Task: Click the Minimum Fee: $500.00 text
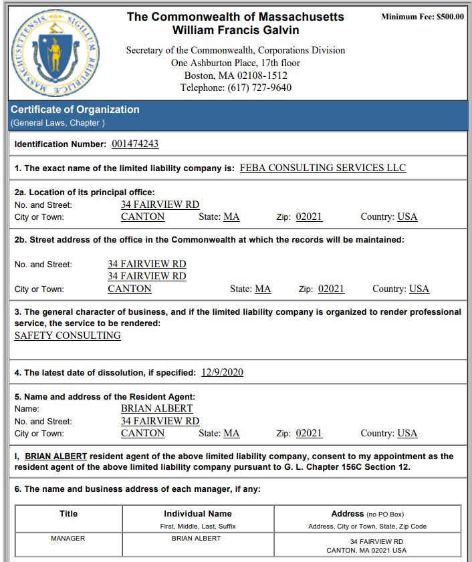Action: (x=422, y=17)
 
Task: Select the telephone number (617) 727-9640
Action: (x=260, y=88)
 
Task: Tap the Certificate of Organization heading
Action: (x=75, y=110)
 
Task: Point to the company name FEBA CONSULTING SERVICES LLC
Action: (x=322, y=168)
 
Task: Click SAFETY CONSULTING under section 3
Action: (x=68, y=335)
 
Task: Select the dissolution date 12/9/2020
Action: (x=222, y=372)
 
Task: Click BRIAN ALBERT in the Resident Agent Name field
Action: (x=156, y=408)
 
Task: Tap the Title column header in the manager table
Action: (x=68, y=514)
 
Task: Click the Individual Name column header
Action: (x=198, y=514)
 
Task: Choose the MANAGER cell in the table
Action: (x=68, y=538)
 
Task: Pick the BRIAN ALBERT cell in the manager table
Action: (x=196, y=538)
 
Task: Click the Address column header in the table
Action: (x=347, y=514)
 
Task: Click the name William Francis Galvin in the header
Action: (x=235, y=30)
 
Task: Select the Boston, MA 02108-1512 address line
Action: (x=235, y=76)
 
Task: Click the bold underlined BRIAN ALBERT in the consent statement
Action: (x=55, y=456)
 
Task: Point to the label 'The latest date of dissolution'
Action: (x=105, y=373)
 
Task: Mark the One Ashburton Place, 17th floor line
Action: (x=235, y=63)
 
